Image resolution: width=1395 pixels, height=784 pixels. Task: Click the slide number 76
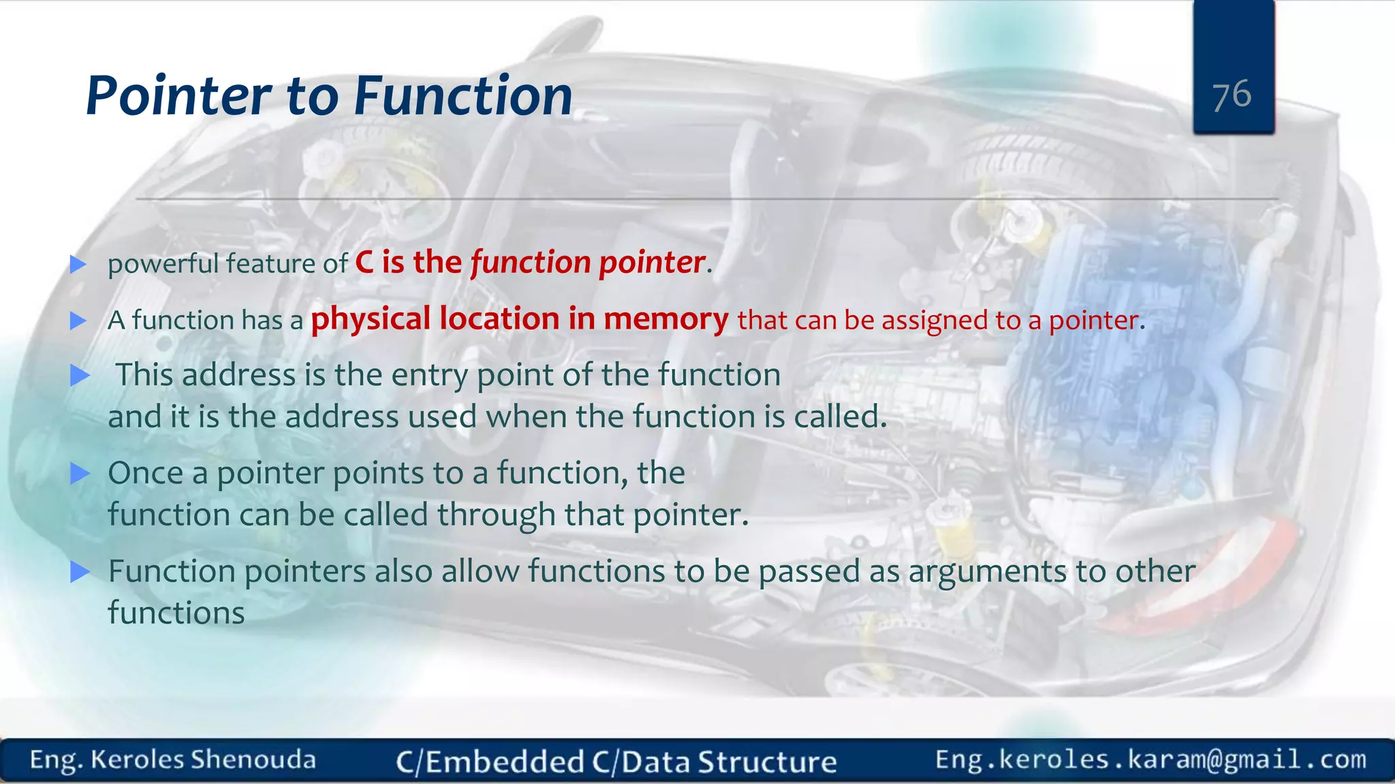tap(1232, 95)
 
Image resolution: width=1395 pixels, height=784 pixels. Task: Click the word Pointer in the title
tap(178, 97)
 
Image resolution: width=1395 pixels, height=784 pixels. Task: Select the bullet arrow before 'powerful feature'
tap(78, 264)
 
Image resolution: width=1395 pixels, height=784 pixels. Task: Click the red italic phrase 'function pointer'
tap(587, 263)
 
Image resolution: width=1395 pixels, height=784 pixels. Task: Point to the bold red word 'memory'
tap(665, 319)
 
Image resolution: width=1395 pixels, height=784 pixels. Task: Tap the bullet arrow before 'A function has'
tap(78, 321)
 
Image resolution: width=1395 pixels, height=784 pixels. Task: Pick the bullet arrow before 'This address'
tap(80, 375)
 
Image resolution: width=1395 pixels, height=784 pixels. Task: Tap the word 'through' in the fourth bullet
tap(496, 515)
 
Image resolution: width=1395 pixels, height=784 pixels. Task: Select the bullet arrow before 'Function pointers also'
tap(80, 572)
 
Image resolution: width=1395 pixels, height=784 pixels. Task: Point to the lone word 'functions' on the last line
tap(176, 612)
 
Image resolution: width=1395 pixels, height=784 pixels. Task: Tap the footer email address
tap(1150, 759)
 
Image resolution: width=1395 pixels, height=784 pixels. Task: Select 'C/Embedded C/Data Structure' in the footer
tap(616, 762)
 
